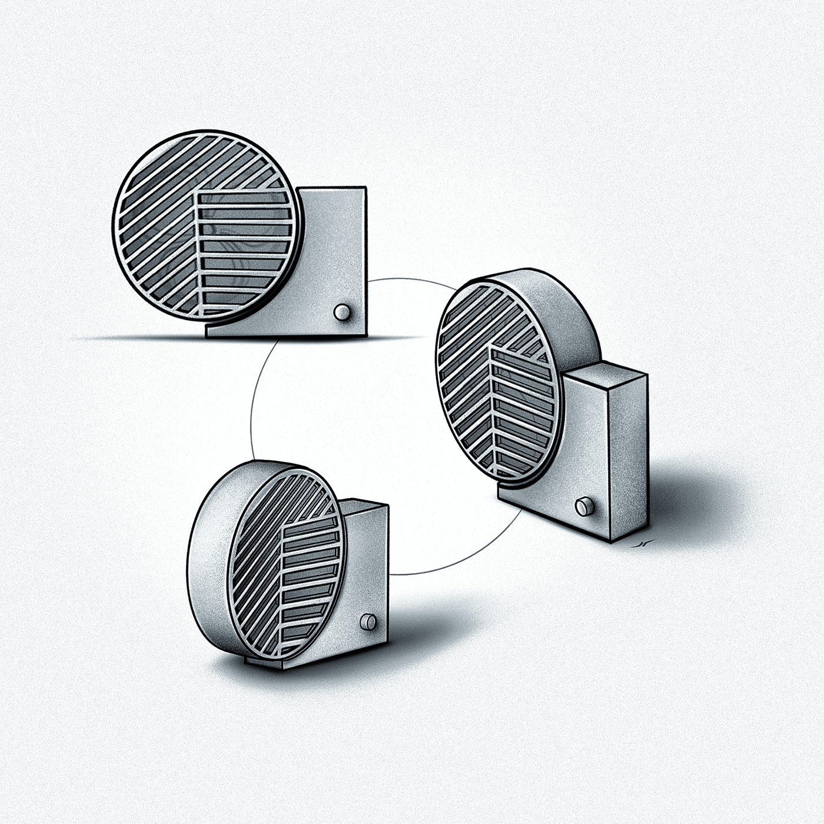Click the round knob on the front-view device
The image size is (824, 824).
(341, 312)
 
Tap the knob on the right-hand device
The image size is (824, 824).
(584, 506)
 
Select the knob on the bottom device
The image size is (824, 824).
(368, 622)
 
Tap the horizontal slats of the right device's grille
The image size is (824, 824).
(521, 406)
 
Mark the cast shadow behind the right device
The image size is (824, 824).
(695, 500)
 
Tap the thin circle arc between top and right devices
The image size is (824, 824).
(412, 281)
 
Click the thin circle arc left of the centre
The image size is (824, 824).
(252, 412)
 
